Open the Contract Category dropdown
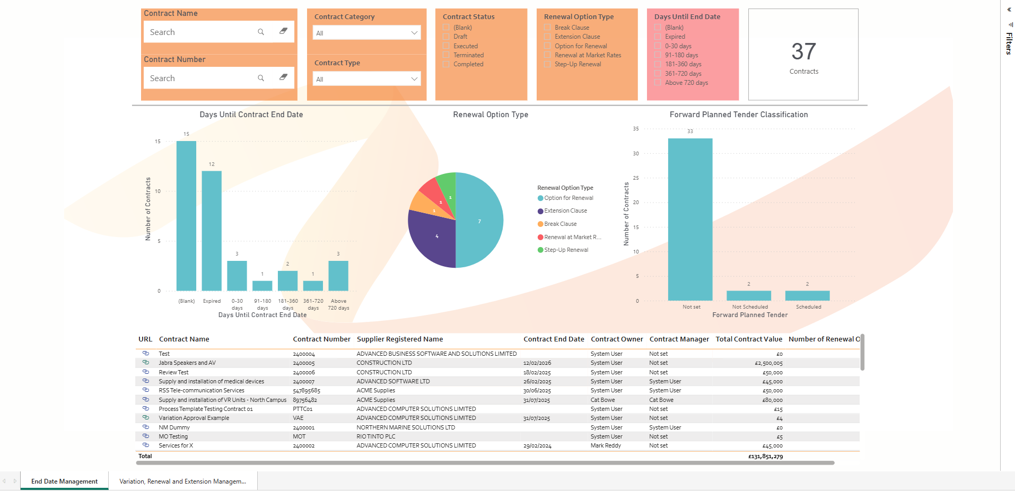366,33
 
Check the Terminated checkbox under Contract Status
447,55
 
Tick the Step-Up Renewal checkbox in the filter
547,64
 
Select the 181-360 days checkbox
658,64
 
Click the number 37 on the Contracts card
803,51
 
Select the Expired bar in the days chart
212,231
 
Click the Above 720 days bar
338,276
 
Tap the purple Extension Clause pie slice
432,239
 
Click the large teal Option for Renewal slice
480,220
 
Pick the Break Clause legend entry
560,224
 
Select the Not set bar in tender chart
690,220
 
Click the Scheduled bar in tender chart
807,296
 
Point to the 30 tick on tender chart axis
636,154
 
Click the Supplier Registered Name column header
400,339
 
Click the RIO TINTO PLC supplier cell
376,437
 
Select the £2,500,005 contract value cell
768,363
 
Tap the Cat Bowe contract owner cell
603,400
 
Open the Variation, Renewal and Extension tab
182,481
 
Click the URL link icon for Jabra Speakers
146,363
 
